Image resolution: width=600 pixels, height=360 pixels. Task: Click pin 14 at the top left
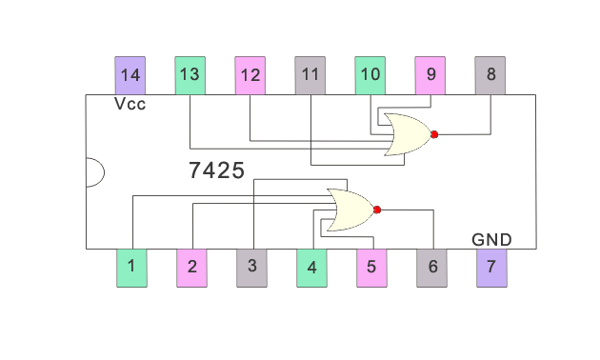[x=130, y=75]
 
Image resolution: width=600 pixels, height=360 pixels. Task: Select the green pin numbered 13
[x=190, y=75]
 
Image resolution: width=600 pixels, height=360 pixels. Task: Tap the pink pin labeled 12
[x=250, y=75]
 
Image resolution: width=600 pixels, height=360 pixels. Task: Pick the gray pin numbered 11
[x=310, y=75]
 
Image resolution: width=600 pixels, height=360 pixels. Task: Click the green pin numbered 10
[x=370, y=75]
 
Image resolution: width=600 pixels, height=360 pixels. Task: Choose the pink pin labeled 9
[x=430, y=75]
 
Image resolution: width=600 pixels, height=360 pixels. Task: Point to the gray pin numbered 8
[x=490, y=75]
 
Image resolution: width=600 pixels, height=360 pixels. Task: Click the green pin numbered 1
[x=131, y=268]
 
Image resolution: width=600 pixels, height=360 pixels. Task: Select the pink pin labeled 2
[x=192, y=268]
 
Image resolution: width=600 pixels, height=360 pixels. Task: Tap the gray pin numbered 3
[x=251, y=268]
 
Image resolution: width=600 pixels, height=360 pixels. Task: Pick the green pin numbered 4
[x=311, y=268]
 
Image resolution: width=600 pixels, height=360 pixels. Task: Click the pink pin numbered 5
[x=371, y=268]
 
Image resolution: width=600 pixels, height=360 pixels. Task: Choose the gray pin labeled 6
[x=432, y=268]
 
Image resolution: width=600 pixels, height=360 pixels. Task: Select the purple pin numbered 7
[x=491, y=268]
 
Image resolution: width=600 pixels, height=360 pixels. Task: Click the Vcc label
[x=130, y=104]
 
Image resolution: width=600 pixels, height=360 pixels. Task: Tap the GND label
[x=491, y=239]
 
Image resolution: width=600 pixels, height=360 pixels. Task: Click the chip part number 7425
[x=216, y=171]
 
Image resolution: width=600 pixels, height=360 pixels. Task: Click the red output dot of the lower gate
[x=377, y=210]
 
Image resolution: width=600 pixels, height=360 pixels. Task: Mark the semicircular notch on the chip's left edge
[x=93, y=172]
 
